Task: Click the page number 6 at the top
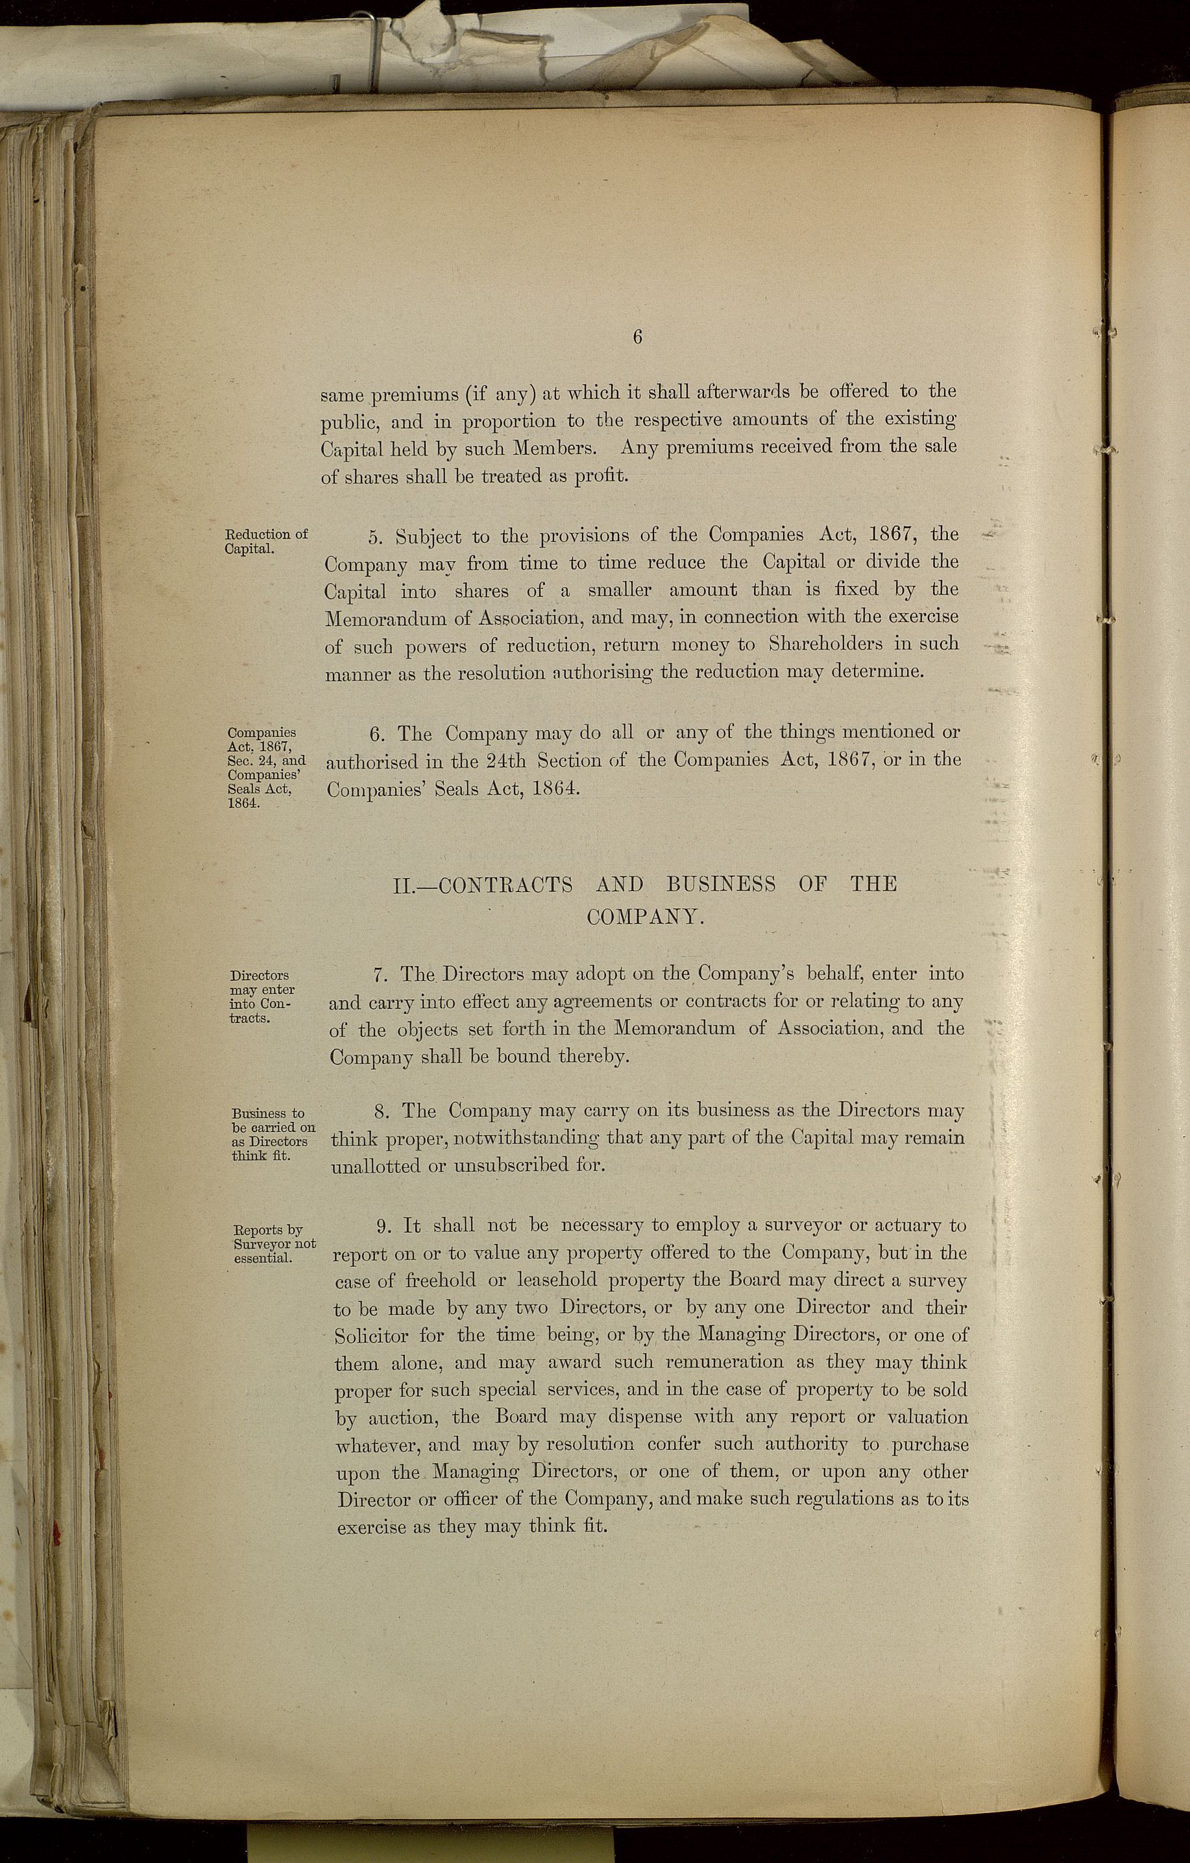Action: [638, 337]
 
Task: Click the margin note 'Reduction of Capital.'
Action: [265, 541]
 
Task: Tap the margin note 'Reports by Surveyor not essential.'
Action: [274, 1244]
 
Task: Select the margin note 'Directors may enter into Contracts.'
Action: [261, 996]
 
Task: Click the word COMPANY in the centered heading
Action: [644, 918]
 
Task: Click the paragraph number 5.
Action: [376, 536]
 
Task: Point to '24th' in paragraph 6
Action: [507, 760]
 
